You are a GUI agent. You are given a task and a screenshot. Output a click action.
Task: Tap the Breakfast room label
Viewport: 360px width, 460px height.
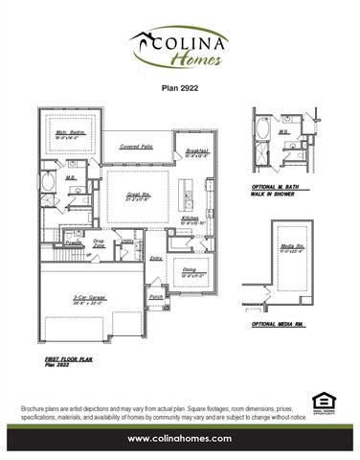tap(196, 150)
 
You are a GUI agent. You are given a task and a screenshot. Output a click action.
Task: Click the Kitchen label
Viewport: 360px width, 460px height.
tap(190, 218)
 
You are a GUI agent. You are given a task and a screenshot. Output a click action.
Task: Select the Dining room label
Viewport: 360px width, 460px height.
tap(191, 272)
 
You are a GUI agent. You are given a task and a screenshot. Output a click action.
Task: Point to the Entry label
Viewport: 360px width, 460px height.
tap(156, 258)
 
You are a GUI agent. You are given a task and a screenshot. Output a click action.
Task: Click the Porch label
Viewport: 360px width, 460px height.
tap(156, 297)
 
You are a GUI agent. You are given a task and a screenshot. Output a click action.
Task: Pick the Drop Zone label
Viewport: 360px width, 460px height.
tap(98, 243)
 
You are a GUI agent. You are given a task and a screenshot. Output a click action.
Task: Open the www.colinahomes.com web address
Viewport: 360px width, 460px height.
tap(180, 439)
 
